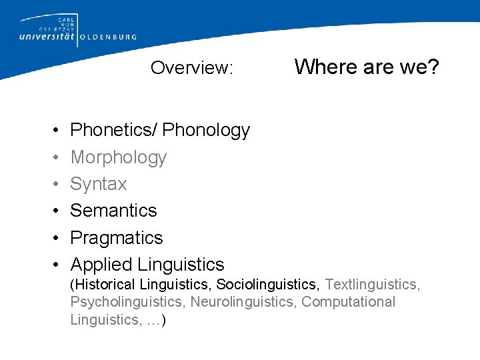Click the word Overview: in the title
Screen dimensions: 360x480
pyautogui.click(x=191, y=68)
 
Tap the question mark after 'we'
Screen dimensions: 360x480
pyautogui.click(x=433, y=67)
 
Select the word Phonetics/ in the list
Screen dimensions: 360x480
pyautogui.click(x=113, y=131)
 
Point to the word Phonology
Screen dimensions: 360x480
pyautogui.click(x=206, y=131)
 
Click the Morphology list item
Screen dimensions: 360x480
pyautogui.click(x=118, y=157)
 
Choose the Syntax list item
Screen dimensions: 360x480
pyautogui.click(x=98, y=184)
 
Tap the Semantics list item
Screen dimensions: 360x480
pyautogui.click(x=113, y=211)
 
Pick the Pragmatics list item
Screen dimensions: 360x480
pyautogui.click(x=116, y=238)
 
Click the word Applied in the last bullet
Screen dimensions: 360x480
pyautogui.click(x=102, y=265)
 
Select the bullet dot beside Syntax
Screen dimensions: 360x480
pyautogui.click(x=52, y=184)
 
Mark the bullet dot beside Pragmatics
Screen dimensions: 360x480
pyautogui.click(x=52, y=238)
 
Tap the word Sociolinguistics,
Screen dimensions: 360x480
pyautogui.click(x=269, y=285)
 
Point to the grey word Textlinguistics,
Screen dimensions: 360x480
pyautogui.click(x=372, y=285)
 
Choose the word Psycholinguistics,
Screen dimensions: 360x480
pyautogui.click(x=128, y=302)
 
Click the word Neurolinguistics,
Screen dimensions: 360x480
pyautogui.click(x=244, y=302)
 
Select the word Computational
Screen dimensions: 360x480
pyautogui.click(x=348, y=302)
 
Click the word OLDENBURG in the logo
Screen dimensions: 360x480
pyautogui.click(x=108, y=38)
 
